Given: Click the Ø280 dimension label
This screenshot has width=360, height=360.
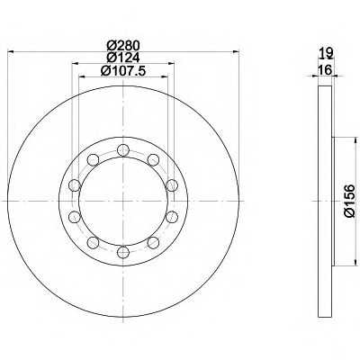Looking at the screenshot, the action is click(x=123, y=46).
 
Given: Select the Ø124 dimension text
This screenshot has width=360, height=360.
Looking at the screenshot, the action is click(x=123, y=58).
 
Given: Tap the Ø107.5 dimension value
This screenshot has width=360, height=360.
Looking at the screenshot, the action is click(x=123, y=71).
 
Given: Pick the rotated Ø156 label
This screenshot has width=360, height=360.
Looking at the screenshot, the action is click(x=349, y=201).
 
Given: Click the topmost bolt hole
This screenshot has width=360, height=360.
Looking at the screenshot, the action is click(x=123, y=149).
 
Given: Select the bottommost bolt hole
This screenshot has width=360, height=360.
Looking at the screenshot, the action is click(x=123, y=251).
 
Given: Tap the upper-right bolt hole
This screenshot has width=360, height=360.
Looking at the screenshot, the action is click(x=153, y=159).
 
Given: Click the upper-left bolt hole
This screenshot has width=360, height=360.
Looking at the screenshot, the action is click(x=93, y=159).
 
